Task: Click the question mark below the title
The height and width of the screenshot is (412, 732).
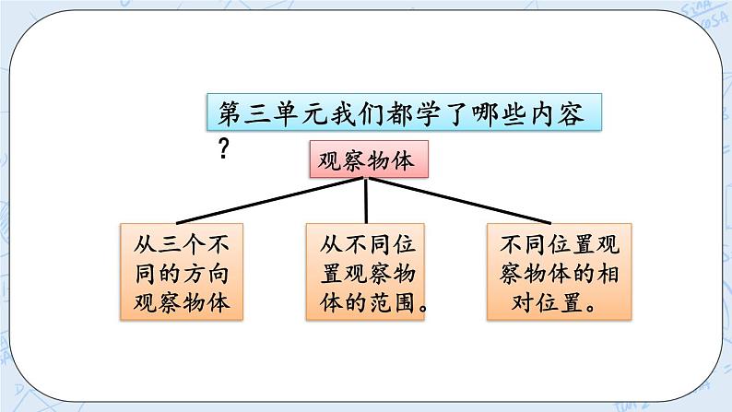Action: click(223, 149)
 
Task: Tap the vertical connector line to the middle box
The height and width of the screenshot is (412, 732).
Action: click(367, 200)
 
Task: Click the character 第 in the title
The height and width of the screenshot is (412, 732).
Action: click(229, 114)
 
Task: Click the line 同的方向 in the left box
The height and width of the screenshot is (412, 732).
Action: click(182, 274)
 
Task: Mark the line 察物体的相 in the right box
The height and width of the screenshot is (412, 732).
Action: click(551, 274)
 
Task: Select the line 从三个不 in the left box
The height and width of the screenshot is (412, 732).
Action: click(182, 244)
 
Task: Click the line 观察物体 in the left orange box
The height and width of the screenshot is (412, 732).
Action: click(182, 303)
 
